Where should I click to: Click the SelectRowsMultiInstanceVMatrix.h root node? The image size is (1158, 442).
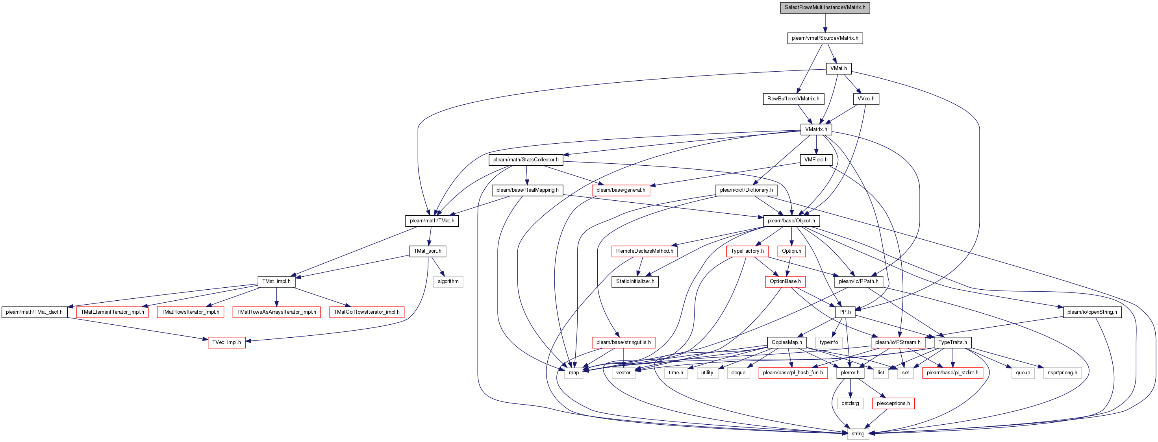[825, 7]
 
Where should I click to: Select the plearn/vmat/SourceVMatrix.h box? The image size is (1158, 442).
[825, 38]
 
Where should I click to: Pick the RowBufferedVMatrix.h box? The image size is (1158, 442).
[793, 99]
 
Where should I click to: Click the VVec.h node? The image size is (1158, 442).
[866, 99]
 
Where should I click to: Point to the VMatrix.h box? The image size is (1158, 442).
[816, 129]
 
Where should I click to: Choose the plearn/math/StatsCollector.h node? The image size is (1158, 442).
[526, 160]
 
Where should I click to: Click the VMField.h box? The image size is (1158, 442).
[816, 160]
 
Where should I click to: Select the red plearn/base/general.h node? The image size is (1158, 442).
[621, 190]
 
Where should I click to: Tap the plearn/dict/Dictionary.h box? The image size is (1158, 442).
[746, 190]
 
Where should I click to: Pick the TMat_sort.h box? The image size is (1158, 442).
[428, 251]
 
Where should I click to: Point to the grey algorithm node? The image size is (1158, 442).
[448, 282]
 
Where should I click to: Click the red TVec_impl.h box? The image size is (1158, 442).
[226, 343]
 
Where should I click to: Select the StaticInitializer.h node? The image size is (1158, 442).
[635, 282]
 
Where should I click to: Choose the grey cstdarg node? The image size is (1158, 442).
[850, 404]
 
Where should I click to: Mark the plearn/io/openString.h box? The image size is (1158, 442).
[1092, 312]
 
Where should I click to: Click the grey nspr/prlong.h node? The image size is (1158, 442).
[1062, 373]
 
